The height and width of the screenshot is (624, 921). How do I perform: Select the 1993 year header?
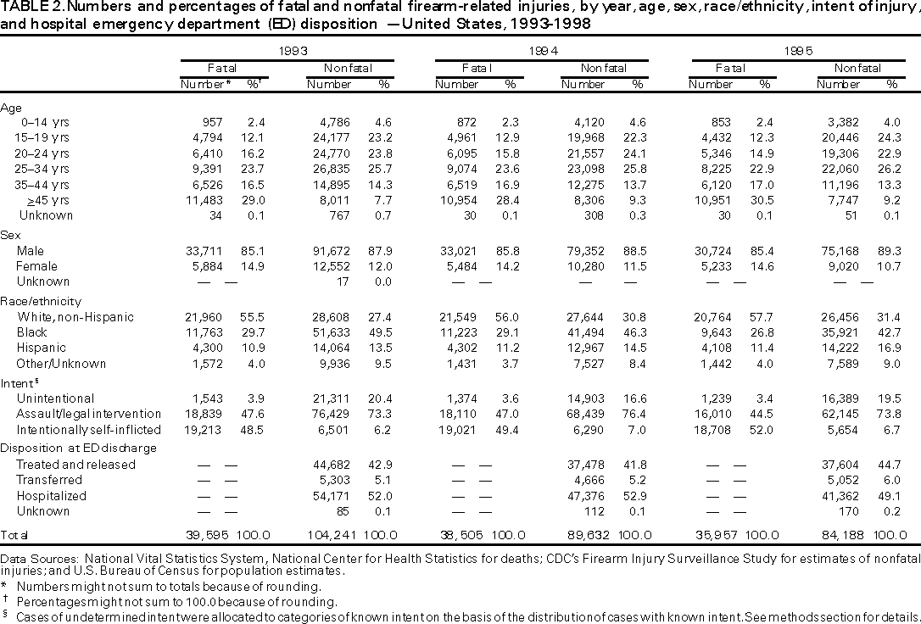288,51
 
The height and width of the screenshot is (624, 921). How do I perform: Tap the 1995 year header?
798,51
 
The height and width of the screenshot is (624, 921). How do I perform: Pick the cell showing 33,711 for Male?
204,251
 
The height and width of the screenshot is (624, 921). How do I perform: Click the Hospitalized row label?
52,495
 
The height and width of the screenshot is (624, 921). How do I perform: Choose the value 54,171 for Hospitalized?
331,495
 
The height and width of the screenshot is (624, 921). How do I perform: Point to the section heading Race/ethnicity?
41,300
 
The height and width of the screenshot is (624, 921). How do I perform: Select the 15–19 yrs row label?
42,136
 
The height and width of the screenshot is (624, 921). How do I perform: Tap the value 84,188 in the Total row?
840,535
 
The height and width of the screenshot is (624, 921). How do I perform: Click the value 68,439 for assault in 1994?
584,414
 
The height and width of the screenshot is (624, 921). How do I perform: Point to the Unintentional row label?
55,398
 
